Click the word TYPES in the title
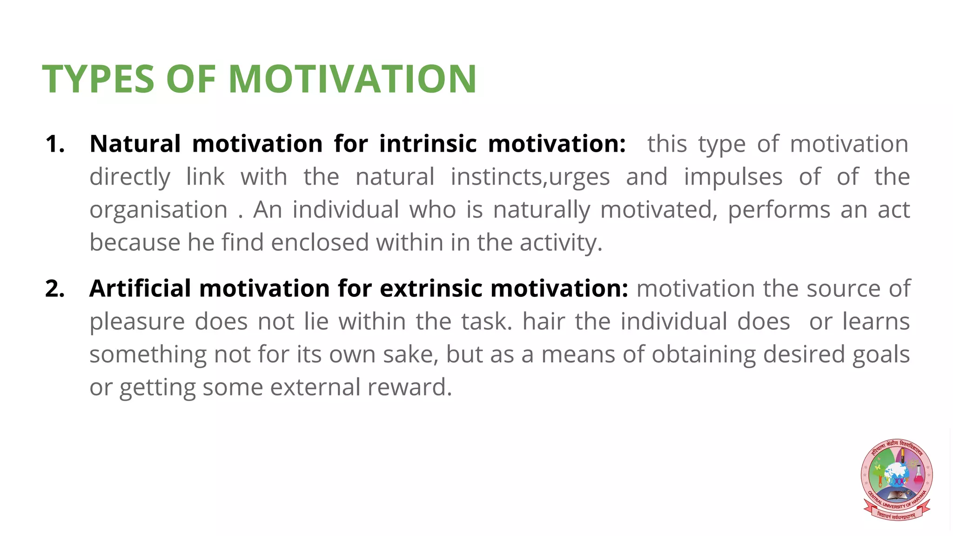(x=98, y=79)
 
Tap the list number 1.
(x=55, y=144)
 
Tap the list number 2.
(x=55, y=288)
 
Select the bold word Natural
(x=135, y=144)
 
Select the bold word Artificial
(x=140, y=288)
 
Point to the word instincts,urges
(x=530, y=177)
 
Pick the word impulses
(x=733, y=177)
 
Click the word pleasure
(x=137, y=322)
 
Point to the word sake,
(x=411, y=355)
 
